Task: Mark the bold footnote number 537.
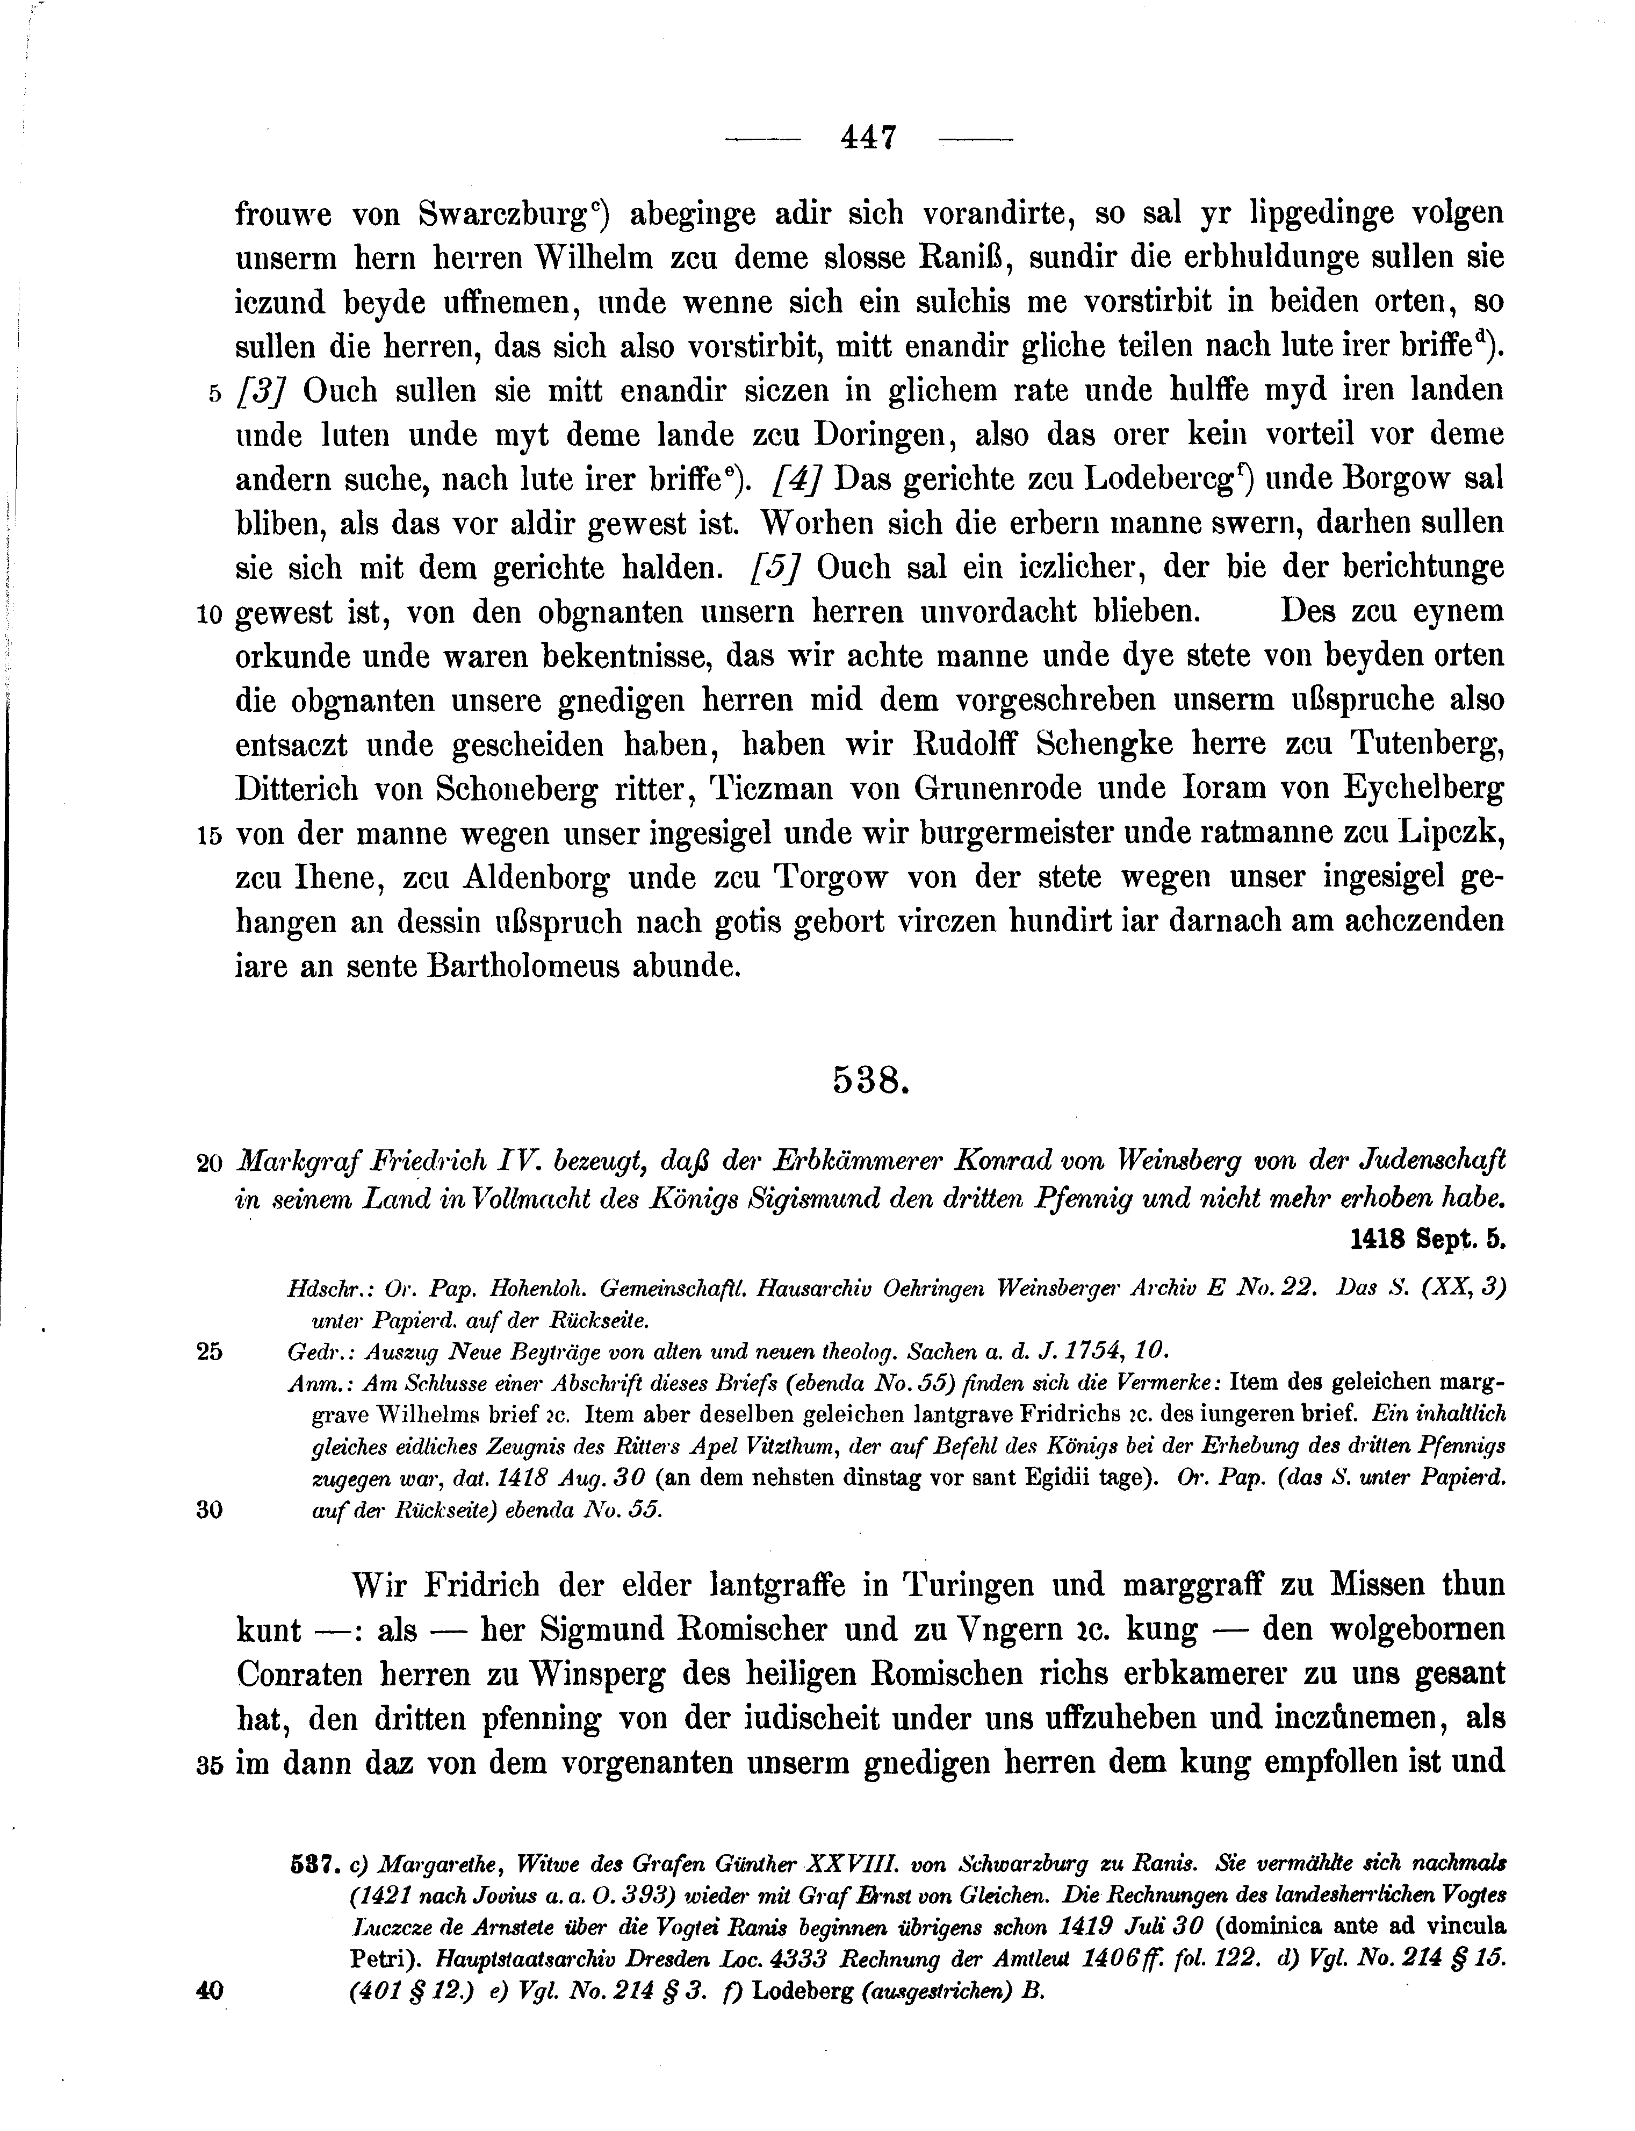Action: pos(313,1864)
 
